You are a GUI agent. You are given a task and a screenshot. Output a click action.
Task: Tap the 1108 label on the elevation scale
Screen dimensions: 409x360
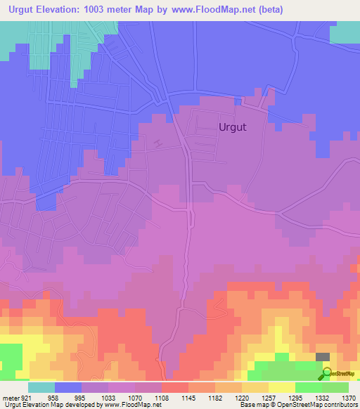(162, 397)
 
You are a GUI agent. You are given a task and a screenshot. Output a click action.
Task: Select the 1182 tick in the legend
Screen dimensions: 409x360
(215, 397)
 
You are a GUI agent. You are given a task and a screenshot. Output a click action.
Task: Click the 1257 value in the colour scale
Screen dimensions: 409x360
(269, 397)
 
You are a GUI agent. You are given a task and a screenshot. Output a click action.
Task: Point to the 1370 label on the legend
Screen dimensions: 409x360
(348, 397)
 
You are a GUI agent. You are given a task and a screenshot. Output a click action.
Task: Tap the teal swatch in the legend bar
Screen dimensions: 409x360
(41, 387)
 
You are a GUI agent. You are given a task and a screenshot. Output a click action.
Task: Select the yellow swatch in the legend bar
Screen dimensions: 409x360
(282, 387)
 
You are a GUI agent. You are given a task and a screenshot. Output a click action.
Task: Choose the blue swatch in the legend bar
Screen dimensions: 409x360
(68, 387)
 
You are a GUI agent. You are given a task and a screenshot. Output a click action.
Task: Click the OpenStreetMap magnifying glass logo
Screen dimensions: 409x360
(327, 373)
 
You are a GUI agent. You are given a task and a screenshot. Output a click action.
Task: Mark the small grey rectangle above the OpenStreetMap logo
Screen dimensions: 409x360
(323, 358)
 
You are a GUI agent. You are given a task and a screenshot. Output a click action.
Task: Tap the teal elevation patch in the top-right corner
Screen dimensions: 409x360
(344, 32)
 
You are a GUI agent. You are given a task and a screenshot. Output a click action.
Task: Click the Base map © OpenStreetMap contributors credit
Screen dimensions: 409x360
(297, 405)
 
